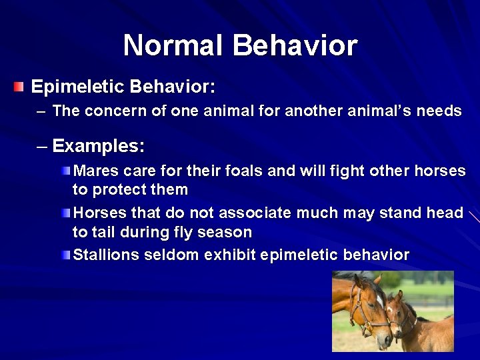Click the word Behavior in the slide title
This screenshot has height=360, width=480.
(x=295, y=46)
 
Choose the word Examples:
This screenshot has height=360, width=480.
(x=98, y=145)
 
